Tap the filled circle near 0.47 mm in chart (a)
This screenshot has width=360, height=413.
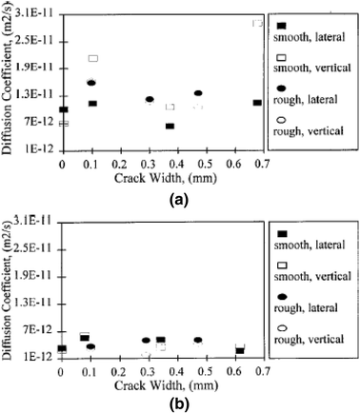click(x=198, y=92)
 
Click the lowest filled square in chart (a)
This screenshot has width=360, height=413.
click(x=170, y=126)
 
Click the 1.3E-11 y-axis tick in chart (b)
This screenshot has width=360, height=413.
click(x=36, y=303)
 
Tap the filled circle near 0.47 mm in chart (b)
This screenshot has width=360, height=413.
click(x=198, y=340)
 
